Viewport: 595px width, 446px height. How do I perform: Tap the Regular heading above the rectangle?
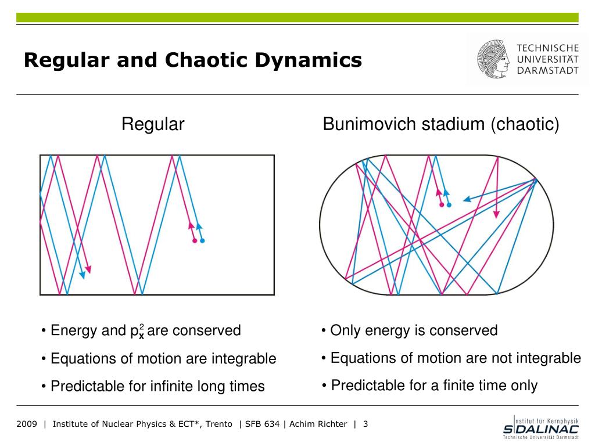pos(153,124)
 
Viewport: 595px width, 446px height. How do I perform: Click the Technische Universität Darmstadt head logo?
pos(493,59)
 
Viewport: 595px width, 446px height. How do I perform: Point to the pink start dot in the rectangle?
pos(195,240)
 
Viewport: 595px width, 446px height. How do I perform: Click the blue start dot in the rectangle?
pos(202,240)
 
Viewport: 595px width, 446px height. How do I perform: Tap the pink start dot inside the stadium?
pos(442,204)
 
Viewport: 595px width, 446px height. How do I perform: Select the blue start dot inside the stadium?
pos(449,204)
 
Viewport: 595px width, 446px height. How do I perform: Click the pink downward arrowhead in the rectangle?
pos(88,269)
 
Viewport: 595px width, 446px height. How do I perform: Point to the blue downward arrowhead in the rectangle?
pos(82,275)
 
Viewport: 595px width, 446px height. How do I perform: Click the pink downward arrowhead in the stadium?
pos(496,214)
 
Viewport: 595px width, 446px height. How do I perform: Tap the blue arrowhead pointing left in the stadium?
pos(466,200)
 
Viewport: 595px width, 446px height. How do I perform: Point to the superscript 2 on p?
pos(142,326)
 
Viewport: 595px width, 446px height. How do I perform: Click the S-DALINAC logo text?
pos(541,429)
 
